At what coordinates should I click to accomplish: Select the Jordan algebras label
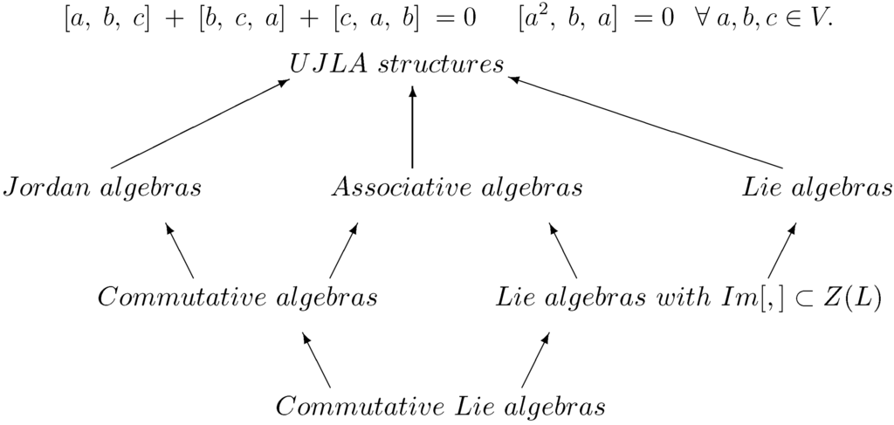coord(103,188)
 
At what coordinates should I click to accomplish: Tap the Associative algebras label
coord(457,188)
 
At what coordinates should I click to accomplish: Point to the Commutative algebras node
coord(237,298)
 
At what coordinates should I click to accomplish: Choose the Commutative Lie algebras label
coord(440,407)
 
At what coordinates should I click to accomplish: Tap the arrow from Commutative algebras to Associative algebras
coord(342,248)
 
